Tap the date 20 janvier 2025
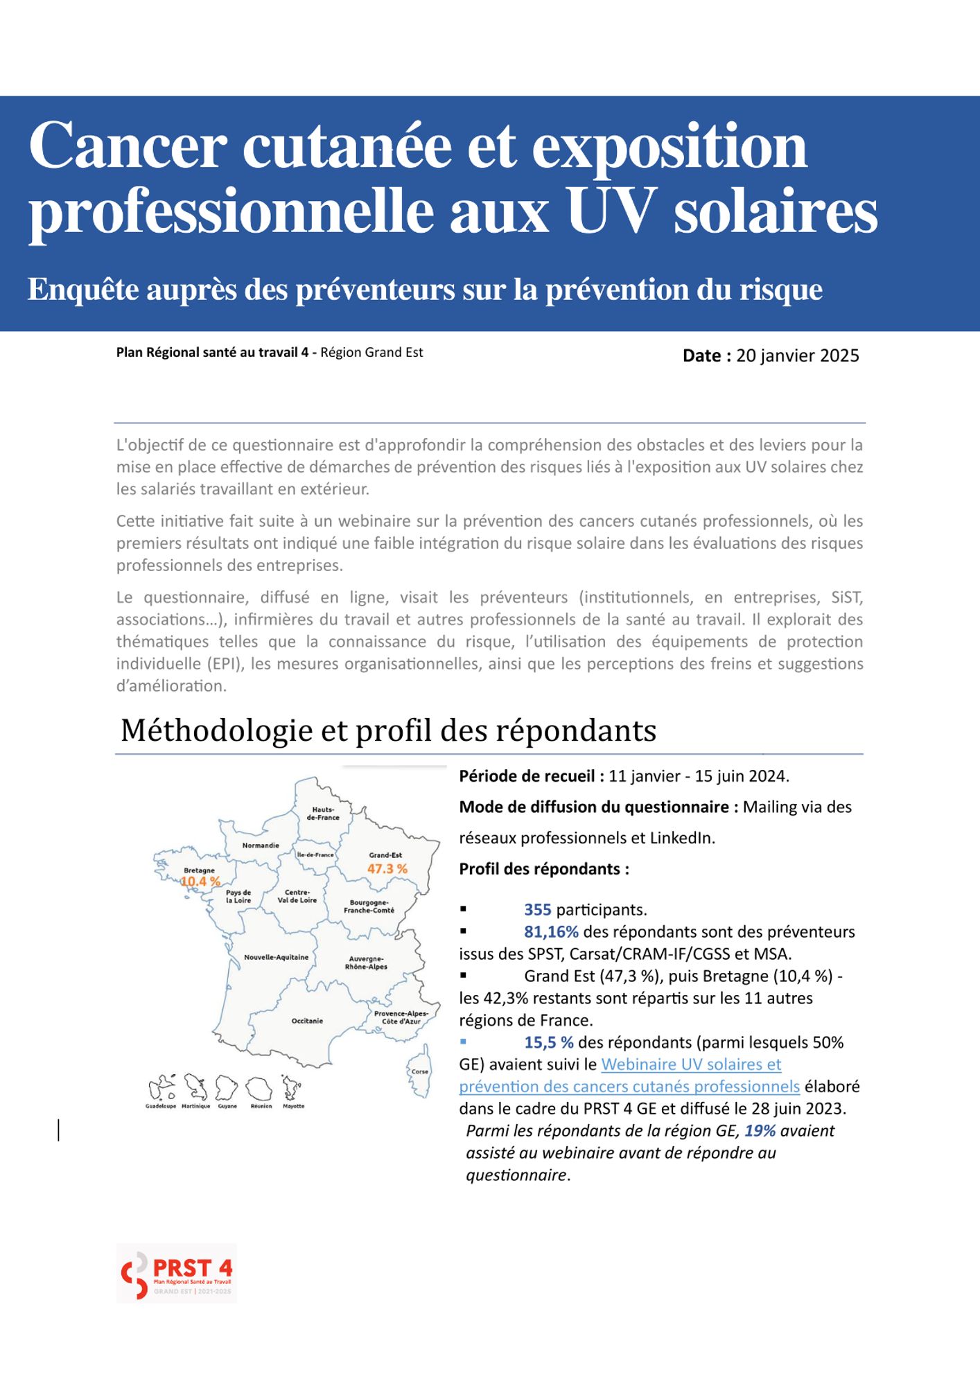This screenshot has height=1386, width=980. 797,356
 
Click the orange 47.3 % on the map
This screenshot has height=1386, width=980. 387,868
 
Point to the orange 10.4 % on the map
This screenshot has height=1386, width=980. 200,881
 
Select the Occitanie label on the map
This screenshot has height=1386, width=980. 307,1021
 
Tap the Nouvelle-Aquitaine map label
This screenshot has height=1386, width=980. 276,957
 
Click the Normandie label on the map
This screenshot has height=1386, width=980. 261,845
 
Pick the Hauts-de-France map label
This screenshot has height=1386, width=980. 323,814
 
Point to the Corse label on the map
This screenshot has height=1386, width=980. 420,1071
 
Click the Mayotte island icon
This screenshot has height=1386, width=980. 292,1089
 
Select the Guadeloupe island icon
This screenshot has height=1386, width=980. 161,1089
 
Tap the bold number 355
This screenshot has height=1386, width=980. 537,909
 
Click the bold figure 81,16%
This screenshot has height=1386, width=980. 551,931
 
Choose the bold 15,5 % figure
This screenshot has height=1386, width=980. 548,1042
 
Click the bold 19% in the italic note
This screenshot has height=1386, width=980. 760,1130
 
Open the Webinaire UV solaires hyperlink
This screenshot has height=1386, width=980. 691,1064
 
